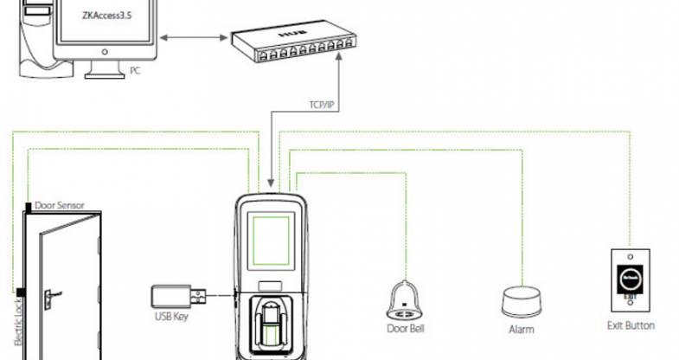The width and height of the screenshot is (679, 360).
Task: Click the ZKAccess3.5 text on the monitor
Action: [103, 15]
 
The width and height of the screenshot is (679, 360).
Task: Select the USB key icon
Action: [178, 297]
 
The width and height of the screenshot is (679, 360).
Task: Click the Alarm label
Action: [521, 330]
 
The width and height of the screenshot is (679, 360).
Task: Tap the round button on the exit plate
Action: [629, 280]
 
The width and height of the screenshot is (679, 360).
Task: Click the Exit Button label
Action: [631, 326]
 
